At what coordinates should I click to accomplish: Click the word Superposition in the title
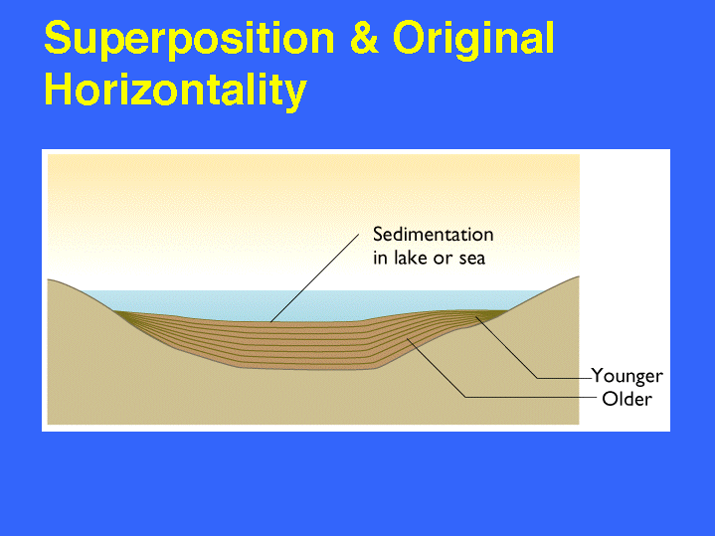[189, 40]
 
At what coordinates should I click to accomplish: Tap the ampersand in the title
[364, 38]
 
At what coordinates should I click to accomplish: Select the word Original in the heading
[473, 40]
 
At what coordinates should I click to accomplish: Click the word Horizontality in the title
[176, 89]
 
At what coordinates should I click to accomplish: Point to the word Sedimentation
[434, 235]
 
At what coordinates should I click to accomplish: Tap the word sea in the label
[472, 260]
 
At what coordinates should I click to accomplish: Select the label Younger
[627, 376]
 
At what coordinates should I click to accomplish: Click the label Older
[627, 399]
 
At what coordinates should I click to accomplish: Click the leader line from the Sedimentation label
[314, 278]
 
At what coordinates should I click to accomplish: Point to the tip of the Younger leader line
[475, 317]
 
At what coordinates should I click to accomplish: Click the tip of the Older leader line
[407, 339]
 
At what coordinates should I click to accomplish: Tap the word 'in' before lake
[380, 259]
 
